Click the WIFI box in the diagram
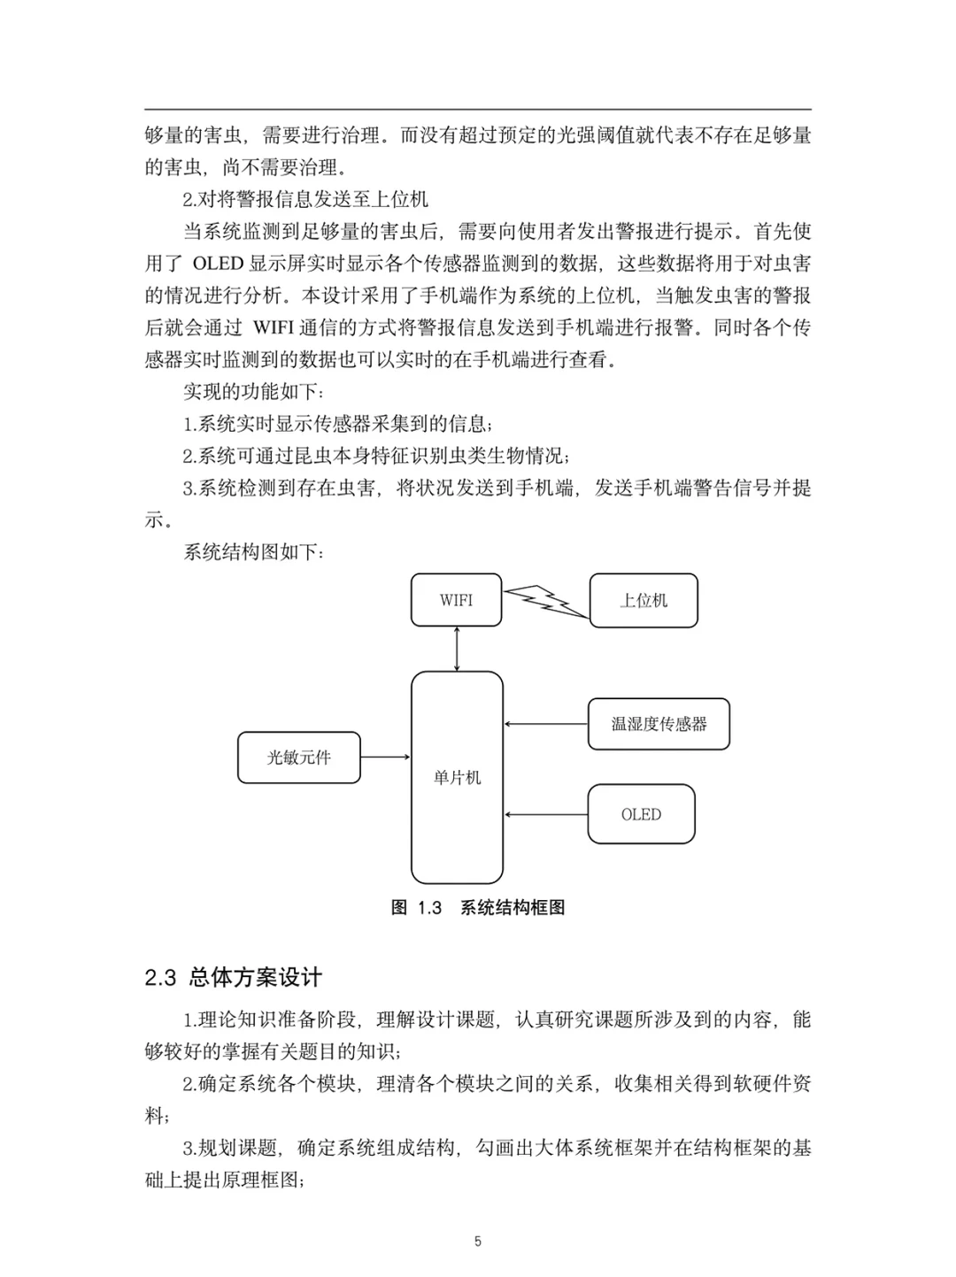(x=456, y=600)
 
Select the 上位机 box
(x=644, y=601)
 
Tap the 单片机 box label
(x=457, y=778)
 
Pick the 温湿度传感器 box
(x=659, y=724)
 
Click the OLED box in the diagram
(x=641, y=814)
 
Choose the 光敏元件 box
(x=299, y=758)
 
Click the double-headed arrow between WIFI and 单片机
(x=457, y=649)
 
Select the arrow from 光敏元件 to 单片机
(x=386, y=758)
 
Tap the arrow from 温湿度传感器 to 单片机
(x=545, y=724)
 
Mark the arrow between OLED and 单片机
(x=545, y=814)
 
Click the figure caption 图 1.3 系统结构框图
(x=478, y=908)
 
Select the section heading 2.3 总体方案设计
(x=234, y=978)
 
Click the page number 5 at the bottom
(x=478, y=1242)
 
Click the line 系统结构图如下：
(x=254, y=552)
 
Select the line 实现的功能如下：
(x=254, y=392)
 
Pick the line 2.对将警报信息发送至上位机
(x=305, y=200)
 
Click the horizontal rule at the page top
(x=478, y=109)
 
